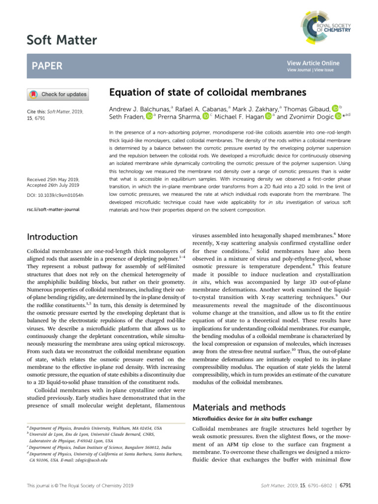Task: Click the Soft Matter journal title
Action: [x=62, y=40]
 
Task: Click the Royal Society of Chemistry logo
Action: [x=325, y=27]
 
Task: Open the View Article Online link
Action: [x=313, y=63]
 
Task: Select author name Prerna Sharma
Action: [x=180, y=117]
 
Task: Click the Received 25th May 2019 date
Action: [x=55, y=180]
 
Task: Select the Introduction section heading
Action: [x=52, y=237]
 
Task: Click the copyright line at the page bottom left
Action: [x=79, y=486]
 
